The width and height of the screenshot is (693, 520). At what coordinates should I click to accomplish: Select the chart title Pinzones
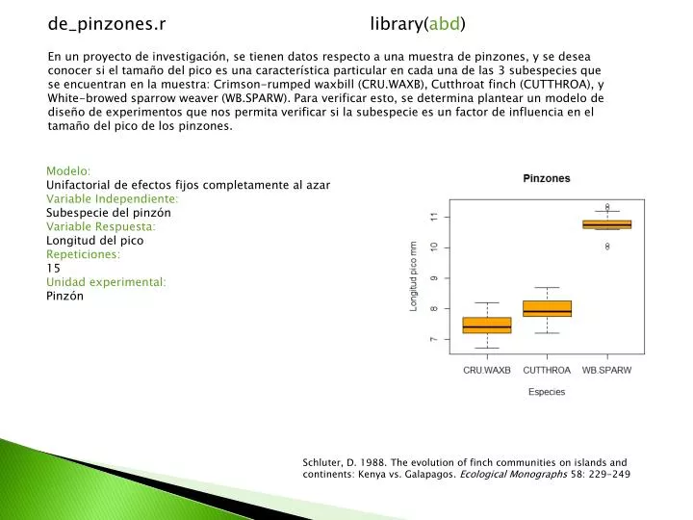point(547,178)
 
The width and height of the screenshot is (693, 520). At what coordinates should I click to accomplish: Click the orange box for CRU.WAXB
point(487,325)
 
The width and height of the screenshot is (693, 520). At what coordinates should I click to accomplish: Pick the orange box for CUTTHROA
point(547,308)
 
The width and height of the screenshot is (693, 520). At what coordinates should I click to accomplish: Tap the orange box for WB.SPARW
point(607,224)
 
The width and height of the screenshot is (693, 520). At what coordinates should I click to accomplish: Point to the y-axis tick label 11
point(434,218)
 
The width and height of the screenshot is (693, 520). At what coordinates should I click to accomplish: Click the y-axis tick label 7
point(434,340)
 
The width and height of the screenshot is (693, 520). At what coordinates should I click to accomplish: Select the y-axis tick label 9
point(434,278)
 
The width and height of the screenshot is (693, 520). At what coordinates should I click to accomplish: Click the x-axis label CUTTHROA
point(547,371)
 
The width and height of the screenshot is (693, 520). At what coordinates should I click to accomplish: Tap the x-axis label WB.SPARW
point(607,371)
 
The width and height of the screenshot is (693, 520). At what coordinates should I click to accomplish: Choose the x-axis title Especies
point(547,393)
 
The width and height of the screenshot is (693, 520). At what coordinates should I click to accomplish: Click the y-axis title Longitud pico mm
point(415,276)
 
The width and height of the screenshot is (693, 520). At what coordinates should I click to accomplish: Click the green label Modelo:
point(68,170)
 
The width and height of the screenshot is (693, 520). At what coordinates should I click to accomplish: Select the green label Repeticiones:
point(84,254)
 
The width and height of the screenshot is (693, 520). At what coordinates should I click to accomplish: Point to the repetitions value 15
point(54,268)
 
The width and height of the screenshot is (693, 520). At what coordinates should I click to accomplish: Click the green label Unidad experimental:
point(106,282)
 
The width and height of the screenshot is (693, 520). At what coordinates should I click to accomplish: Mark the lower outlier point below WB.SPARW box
point(607,247)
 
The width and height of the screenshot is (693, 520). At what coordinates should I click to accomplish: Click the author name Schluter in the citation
point(325,462)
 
